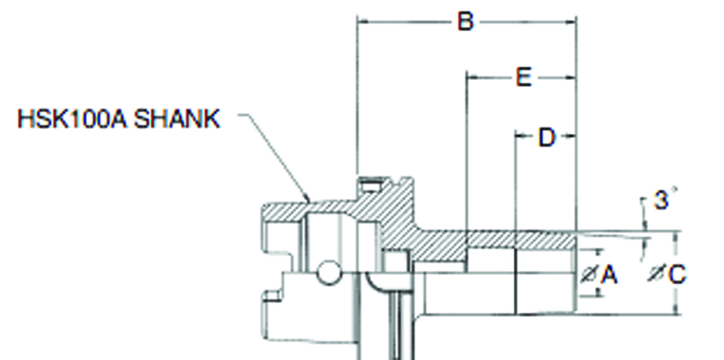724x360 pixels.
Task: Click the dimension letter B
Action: [464, 22]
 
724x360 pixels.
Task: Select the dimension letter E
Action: [522, 78]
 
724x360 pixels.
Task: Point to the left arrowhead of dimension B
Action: [363, 21]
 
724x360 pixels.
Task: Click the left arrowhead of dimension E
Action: [471, 78]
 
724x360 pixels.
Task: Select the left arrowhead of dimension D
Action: [519, 137]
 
